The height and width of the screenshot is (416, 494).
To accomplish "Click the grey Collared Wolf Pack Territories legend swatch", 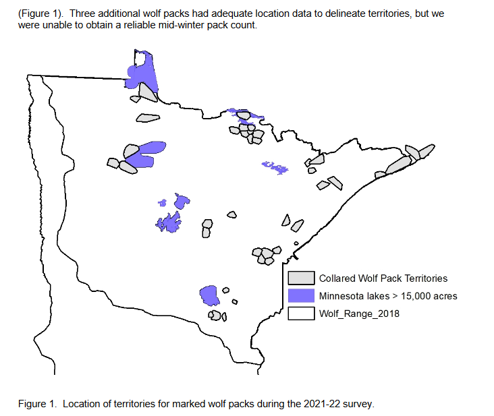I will point(301,278).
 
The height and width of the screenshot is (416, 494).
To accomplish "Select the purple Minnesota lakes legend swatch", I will point(301,295).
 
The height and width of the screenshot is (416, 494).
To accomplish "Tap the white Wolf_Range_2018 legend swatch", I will point(301,313).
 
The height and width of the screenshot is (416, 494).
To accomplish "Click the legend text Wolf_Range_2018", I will point(359,313).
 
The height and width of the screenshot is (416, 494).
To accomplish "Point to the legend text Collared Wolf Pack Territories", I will point(383,278).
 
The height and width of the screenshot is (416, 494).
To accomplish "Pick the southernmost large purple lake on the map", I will point(211,295).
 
